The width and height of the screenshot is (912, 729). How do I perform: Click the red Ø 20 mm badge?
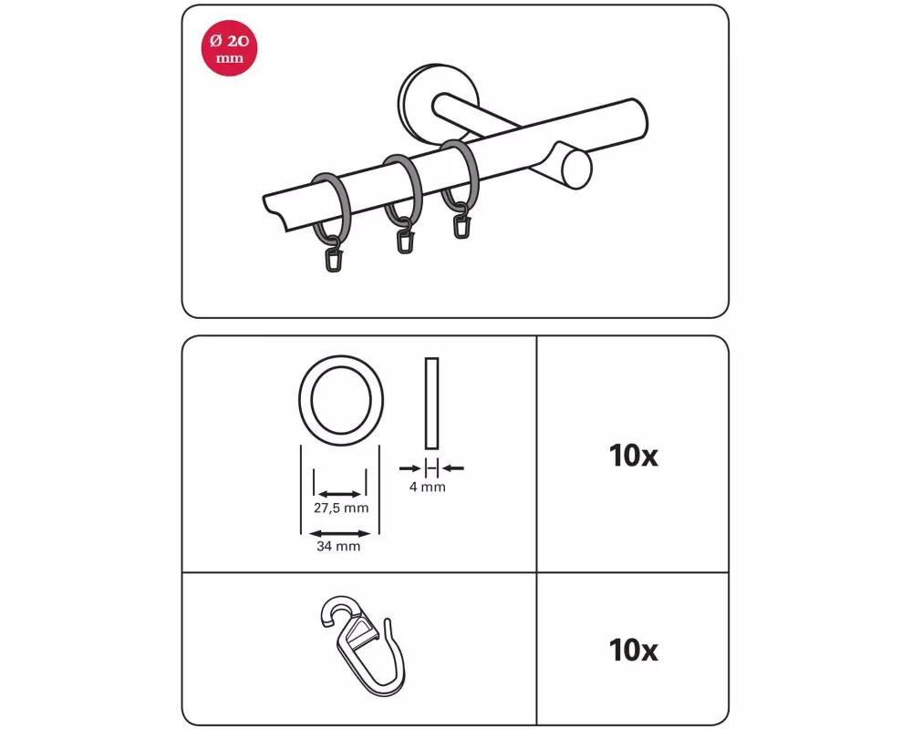229,47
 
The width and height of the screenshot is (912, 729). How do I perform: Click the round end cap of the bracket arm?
576,169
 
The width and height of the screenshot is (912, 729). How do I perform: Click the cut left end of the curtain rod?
275,212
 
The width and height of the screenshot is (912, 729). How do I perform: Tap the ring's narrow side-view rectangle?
431,404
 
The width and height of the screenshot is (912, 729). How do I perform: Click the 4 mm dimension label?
428,488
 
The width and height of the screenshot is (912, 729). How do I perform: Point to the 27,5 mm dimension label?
341,508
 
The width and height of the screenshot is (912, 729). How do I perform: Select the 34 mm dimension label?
338,547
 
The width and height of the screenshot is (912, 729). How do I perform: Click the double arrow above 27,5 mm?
340,495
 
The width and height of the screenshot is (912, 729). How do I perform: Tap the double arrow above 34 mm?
339,533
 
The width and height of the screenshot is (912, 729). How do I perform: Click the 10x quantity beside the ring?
634,456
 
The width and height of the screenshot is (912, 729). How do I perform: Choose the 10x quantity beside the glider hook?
634,651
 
